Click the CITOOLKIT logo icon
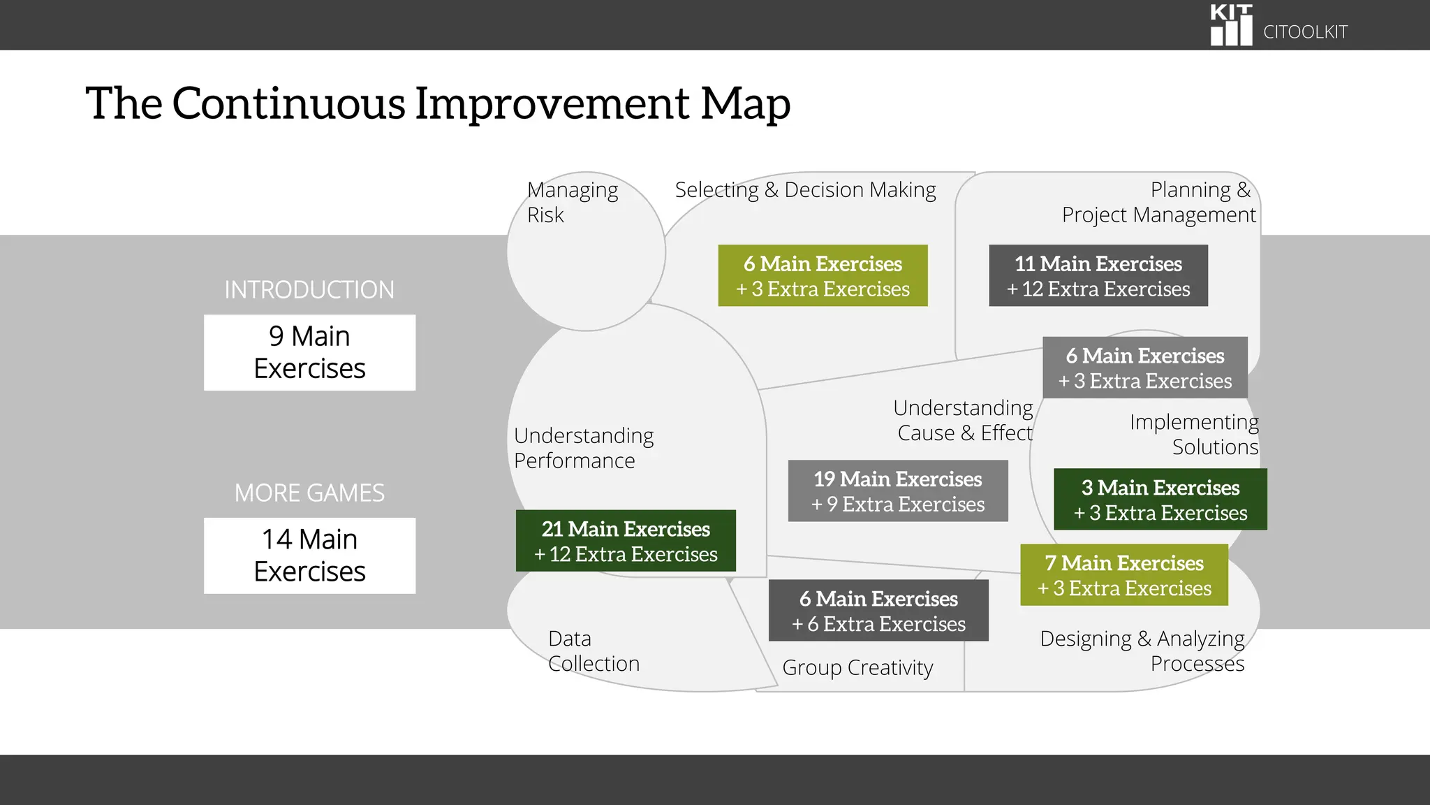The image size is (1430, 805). click(1231, 25)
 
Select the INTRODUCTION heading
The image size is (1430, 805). click(309, 290)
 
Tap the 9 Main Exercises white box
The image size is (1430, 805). click(309, 352)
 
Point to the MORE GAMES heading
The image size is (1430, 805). click(309, 493)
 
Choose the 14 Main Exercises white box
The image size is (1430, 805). click(309, 556)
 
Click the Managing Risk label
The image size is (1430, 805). click(573, 202)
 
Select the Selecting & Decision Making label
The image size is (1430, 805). click(805, 190)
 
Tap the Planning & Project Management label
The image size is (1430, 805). click(1158, 202)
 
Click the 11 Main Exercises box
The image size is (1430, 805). click(1098, 275)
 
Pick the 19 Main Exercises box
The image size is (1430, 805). click(898, 491)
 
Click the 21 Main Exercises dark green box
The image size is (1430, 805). click(626, 541)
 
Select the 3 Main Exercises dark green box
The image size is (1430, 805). click(1160, 500)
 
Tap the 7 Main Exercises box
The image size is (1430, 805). click(1123, 575)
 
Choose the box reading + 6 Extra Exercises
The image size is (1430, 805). click(878, 611)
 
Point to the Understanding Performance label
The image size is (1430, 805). click(584, 448)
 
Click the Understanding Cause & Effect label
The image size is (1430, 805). click(964, 420)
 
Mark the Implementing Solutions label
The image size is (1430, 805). click(1194, 434)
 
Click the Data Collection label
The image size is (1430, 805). click(594, 651)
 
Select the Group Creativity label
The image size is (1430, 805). click(857, 668)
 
